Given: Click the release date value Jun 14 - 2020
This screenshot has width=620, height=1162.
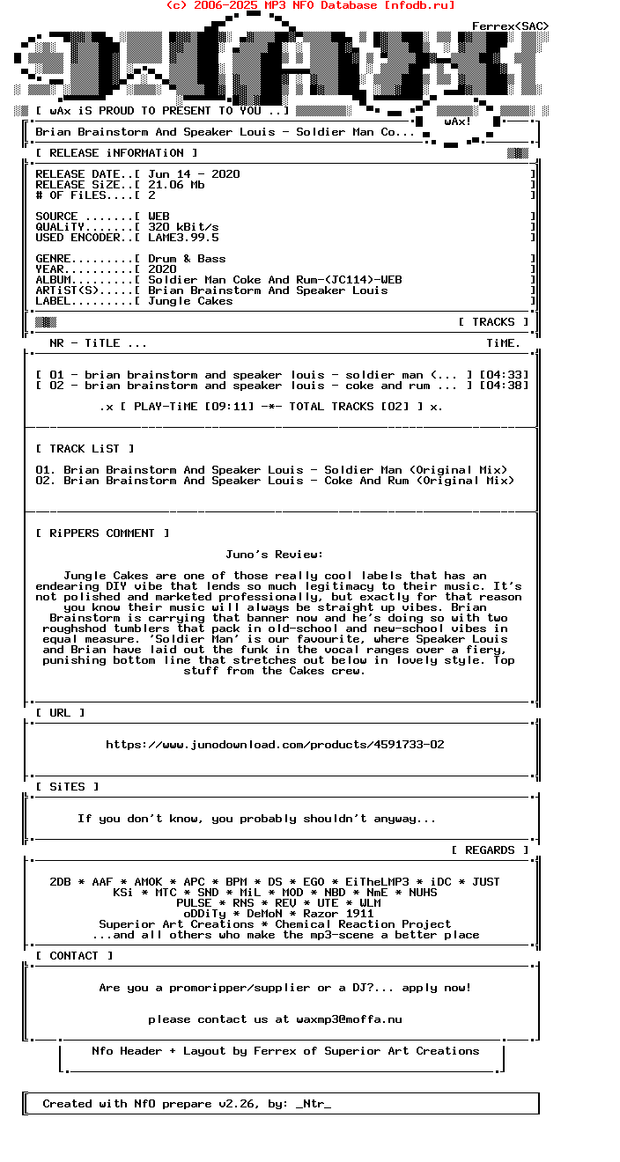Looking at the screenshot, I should click(x=194, y=174).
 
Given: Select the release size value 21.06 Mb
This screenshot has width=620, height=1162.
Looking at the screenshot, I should click(x=176, y=185).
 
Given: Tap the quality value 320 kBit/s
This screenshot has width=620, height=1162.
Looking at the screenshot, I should click(x=183, y=227).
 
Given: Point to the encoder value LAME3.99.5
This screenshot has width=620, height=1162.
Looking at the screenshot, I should click(x=183, y=238).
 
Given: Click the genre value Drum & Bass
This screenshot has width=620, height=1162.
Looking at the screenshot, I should click(x=187, y=259).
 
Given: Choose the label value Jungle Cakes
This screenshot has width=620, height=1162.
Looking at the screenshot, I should click(x=190, y=301).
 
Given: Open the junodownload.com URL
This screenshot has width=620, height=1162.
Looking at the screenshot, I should click(x=275, y=745).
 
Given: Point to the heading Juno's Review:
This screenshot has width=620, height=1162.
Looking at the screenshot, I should click(x=275, y=555).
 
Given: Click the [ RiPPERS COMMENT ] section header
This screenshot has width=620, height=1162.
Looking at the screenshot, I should click(x=102, y=533).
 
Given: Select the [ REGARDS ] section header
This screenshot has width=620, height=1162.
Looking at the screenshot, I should click(x=490, y=850).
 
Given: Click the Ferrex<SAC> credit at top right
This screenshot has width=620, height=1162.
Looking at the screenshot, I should click(x=510, y=26).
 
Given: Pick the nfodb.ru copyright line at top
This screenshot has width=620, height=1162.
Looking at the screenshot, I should click(x=310, y=5).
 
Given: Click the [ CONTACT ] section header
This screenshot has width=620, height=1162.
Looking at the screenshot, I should click(x=74, y=956).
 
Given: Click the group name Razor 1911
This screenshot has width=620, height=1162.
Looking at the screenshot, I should click(x=338, y=914).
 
